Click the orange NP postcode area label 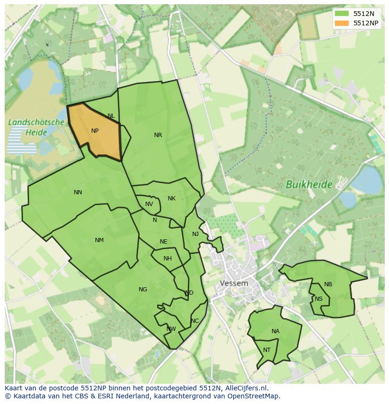95,131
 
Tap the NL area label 111,116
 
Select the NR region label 158,135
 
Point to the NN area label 78,192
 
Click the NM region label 99,240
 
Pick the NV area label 149,204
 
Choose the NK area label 171,198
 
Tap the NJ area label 195,234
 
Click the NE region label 163,242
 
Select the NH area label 168,259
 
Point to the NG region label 143,290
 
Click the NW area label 171,329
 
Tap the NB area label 328,284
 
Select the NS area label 319,299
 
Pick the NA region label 275,331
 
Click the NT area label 267,350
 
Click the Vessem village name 234,283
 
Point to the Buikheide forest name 309,184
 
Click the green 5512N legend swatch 342,14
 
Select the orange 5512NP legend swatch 342,23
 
